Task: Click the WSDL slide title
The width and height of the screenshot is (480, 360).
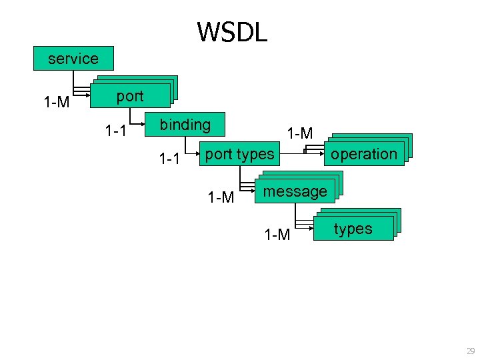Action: click(232, 31)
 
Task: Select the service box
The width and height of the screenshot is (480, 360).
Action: click(73, 59)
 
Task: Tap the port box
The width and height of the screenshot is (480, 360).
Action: click(131, 96)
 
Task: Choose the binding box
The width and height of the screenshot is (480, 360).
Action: click(185, 125)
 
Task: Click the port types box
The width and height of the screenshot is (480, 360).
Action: click(240, 155)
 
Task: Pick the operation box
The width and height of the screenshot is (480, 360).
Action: click(364, 154)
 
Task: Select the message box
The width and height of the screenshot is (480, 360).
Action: click(295, 192)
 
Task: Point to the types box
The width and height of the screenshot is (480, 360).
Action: click(353, 229)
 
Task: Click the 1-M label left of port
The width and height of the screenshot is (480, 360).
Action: click(57, 103)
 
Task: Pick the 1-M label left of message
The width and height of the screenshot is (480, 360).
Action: click(221, 197)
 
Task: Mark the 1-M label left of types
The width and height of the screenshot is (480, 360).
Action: click(277, 235)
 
